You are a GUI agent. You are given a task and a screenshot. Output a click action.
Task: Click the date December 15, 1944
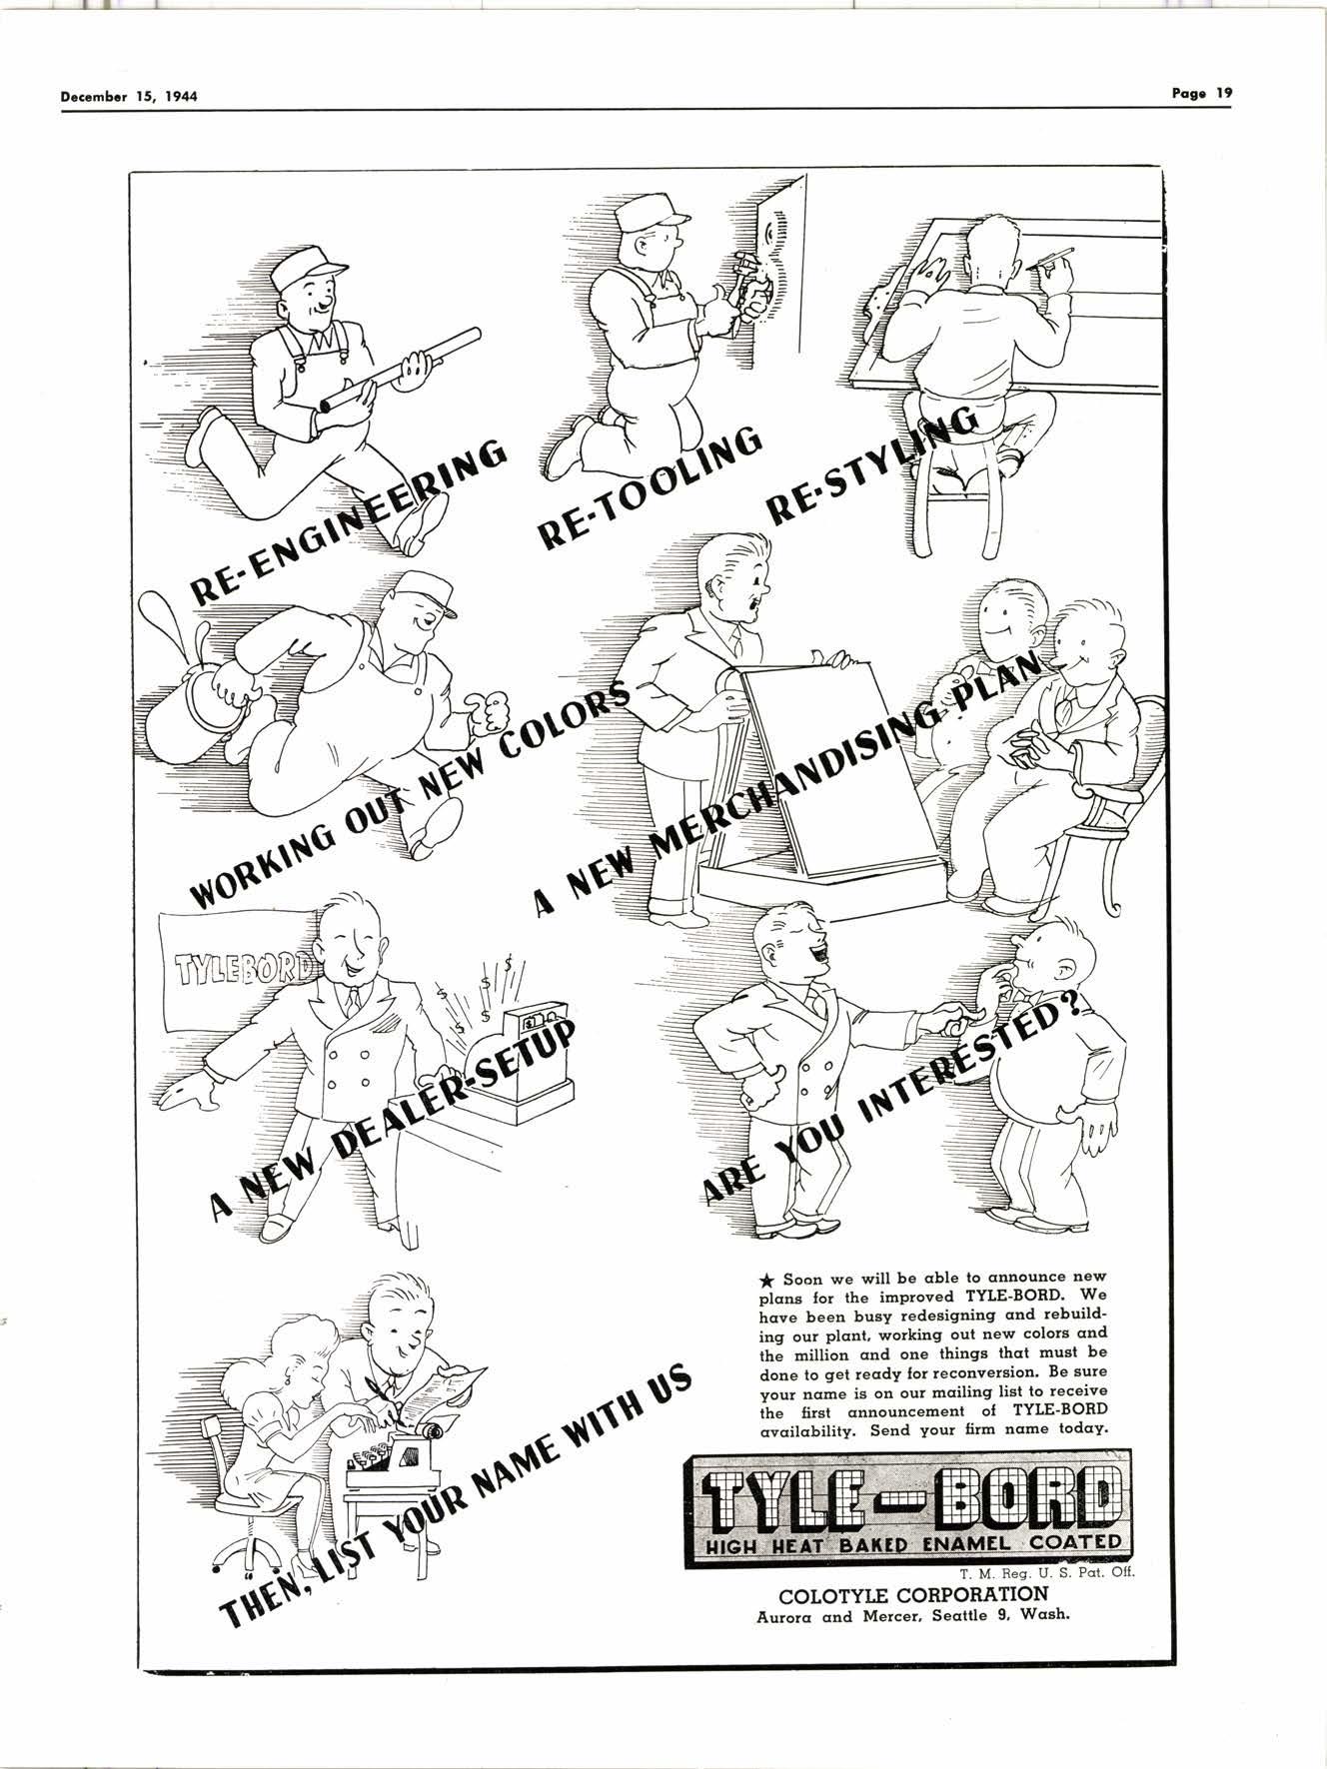[129, 97]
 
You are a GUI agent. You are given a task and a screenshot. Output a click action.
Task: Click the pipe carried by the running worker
[400, 370]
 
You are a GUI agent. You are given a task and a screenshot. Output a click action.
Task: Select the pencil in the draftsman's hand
[1054, 257]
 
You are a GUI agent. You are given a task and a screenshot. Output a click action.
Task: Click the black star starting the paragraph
[766, 1279]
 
